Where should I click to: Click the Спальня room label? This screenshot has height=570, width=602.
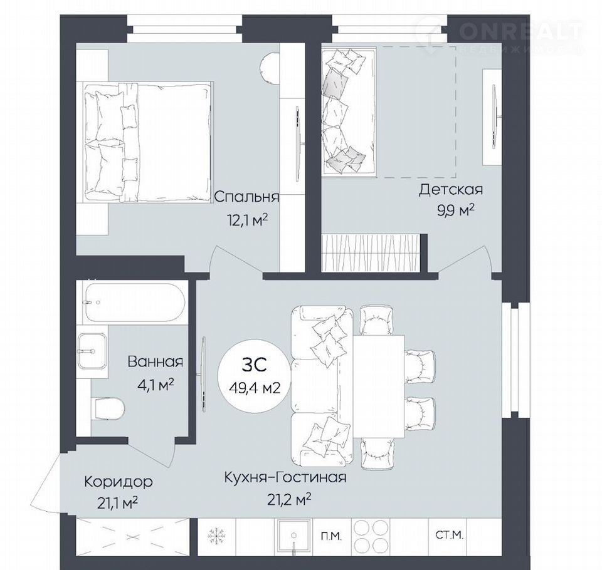(x=246, y=197)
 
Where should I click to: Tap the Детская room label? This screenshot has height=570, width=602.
(x=451, y=190)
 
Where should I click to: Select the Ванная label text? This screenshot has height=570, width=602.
(x=156, y=361)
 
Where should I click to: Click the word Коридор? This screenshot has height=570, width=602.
(x=119, y=482)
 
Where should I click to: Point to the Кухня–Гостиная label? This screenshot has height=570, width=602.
(x=285, y=477)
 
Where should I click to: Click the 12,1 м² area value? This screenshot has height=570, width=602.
(x=247, y=220)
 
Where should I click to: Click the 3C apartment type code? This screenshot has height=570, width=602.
(x=254, y=365)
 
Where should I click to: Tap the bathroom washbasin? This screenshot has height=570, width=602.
(x=92, y=351)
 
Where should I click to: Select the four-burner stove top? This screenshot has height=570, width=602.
(x=368, y=536)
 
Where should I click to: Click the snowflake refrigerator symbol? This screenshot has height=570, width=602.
(x=217, y=535)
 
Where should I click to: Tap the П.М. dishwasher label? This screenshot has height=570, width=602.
(x=331, y=536)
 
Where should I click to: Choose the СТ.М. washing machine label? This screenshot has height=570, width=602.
(x=449, y=535)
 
